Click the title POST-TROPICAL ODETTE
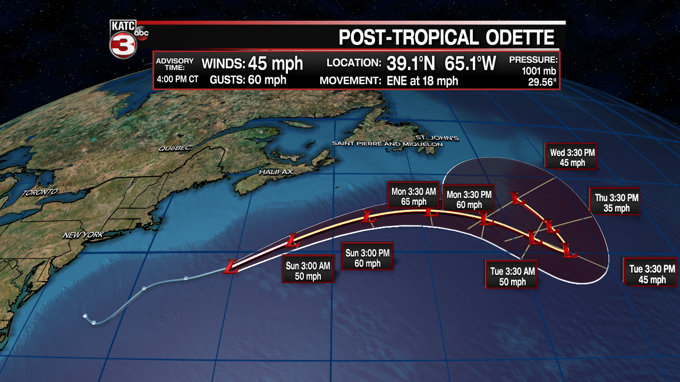click(447, 38)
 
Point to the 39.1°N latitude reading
click(411, 64)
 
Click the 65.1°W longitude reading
click(471, 64)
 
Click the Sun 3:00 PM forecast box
click(368, 258)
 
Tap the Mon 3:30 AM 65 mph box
click(414, 196)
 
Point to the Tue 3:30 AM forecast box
click(512, 276)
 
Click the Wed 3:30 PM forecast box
click(572, 158)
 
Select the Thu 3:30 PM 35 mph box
click(616, 203)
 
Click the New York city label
click(82, 235)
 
